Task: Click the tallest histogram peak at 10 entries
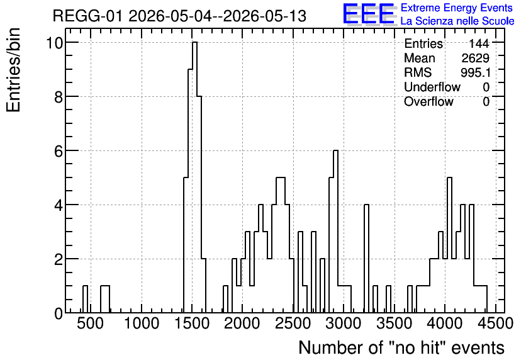pyautogui.click(x=194, y=42)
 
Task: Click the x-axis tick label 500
pyautogui.click(x=90, y=324)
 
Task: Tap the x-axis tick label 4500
pyautogui.click(x=495, y=324)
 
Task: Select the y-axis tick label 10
pyautogui.click(x=54, y=43)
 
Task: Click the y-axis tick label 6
pyautogui.click(x=59, y=151)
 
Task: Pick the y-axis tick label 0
pyautogui.click(x=59, y=313)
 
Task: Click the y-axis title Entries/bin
pyautogui.click(x=13, y=70)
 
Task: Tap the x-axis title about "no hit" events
pyautogui.click(x=401, y=347)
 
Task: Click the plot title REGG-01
pyautogui.click(x=88, y=16)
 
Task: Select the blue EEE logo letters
pyautogui.click(x=368, y=14)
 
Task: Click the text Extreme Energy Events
pyautogui.click(x=457, y=8)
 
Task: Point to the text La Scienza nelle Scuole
pyautogui.click(x=457, y=21)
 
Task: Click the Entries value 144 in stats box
pyautogui.click(x=479, y=43)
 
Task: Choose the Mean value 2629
pyautogui.click(x=475, y=58)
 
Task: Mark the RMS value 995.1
pyautogui.click(x=476, y=72)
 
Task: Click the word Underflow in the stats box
pyautogui.click(x=432, y=87)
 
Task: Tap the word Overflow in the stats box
pyautogui.click(x=428, y=101)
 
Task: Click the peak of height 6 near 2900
pyautogui.click(x=335, y=150)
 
